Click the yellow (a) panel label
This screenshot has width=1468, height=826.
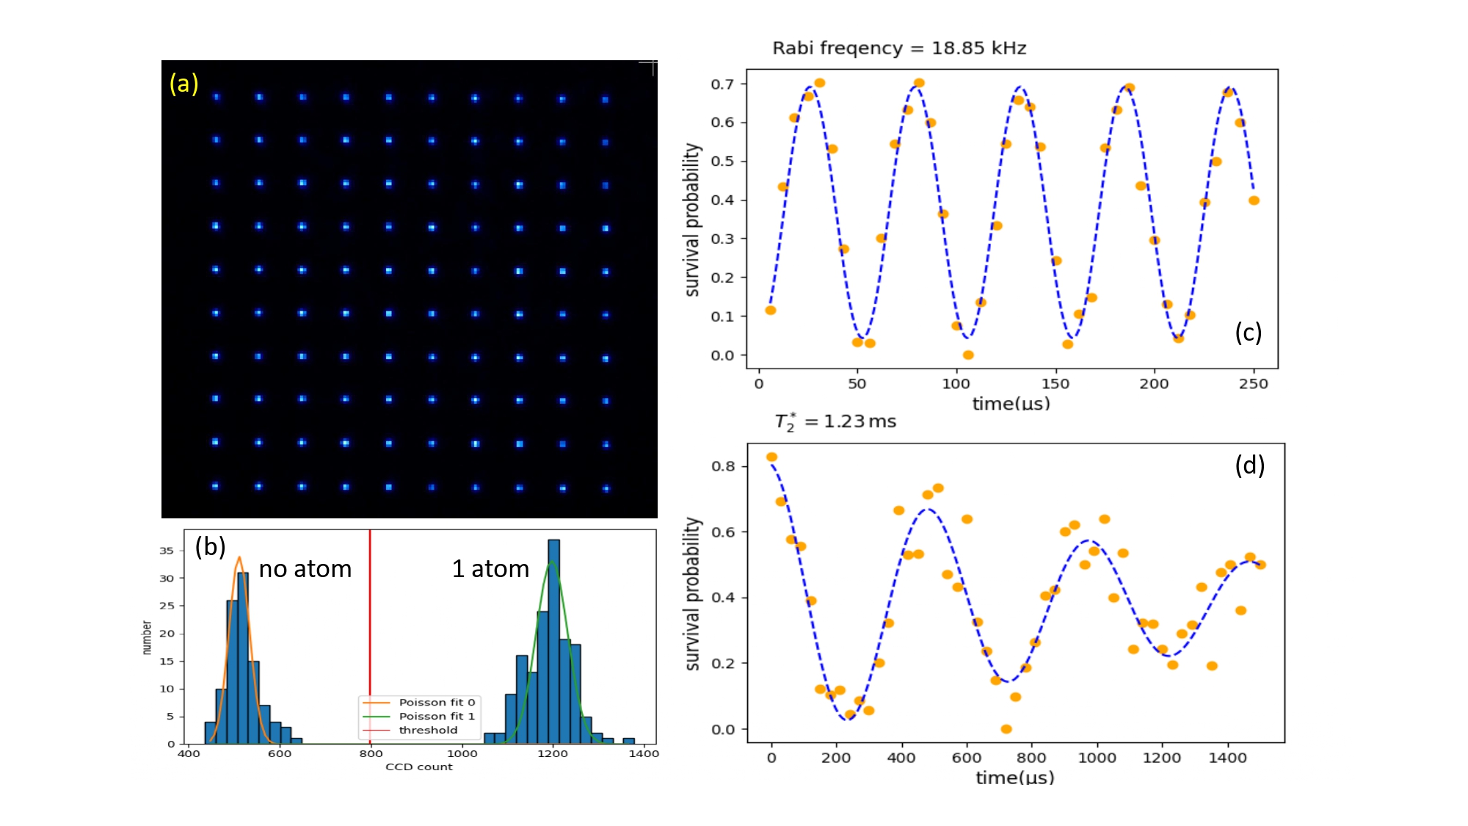point(183,84)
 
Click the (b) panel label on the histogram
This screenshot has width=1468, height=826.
point(210,547)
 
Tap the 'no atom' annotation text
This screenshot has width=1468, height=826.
point(305,569)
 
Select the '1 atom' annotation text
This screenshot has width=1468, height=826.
point(490,569)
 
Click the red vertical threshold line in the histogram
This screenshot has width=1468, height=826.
point(370,624)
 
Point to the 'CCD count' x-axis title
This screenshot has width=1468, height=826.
point(419,767)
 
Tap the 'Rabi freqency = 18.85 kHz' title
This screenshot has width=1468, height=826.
point(899,48)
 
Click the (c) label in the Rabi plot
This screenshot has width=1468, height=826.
point(1248,333)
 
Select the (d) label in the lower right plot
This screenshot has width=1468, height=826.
point(1249,465)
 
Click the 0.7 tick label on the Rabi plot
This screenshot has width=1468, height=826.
point(722,84)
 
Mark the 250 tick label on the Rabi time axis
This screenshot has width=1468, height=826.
point(1253,384)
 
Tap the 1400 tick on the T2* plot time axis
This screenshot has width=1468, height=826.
point(1227,758)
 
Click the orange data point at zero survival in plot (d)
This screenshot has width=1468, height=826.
point(1006,729)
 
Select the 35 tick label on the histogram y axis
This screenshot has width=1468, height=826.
point(167,551)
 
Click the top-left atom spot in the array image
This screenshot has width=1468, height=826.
point(216,97)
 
